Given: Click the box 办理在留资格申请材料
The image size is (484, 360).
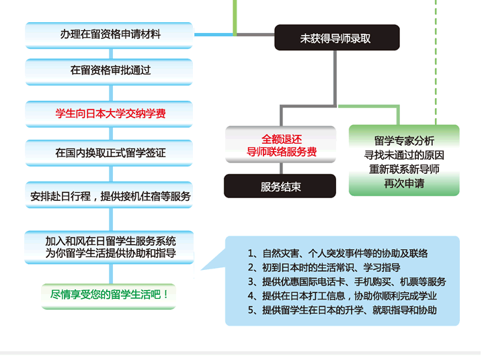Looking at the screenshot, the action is (109, 35).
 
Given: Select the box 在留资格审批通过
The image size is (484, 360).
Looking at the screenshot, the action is (109, 72).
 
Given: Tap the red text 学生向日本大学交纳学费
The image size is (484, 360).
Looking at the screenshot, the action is (110, 114).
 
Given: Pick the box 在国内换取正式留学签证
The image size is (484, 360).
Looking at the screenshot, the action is (109, 153).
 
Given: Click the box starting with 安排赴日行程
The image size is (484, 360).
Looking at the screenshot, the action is (109, 195).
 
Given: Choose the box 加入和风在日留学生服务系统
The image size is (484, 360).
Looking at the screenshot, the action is (109, 247).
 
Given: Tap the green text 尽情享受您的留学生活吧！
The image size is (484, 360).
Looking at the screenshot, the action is (109, 295).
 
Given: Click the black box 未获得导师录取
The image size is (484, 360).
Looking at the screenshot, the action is (337, 38).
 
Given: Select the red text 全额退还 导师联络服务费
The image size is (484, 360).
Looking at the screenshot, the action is (281, 145).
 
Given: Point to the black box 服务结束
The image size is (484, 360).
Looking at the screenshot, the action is (280, 186).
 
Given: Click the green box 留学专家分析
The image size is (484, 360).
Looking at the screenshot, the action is (404, 161).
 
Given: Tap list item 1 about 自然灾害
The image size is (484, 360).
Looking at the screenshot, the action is (337, 254).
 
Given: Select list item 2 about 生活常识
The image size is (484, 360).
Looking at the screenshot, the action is (324, 267).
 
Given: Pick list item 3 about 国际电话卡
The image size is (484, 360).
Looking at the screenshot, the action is (347, 281).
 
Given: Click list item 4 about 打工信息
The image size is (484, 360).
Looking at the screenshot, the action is (342, 296).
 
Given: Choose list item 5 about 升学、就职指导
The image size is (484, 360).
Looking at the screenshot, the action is (342, 310).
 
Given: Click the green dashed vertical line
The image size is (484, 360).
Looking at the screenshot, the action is (436, 62).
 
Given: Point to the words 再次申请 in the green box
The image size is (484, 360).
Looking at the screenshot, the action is (404, 184).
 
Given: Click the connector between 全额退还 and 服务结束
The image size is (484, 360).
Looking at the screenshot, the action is (281, 169).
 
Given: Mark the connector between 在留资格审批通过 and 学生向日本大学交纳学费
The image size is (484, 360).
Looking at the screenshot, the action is (111, 93).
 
